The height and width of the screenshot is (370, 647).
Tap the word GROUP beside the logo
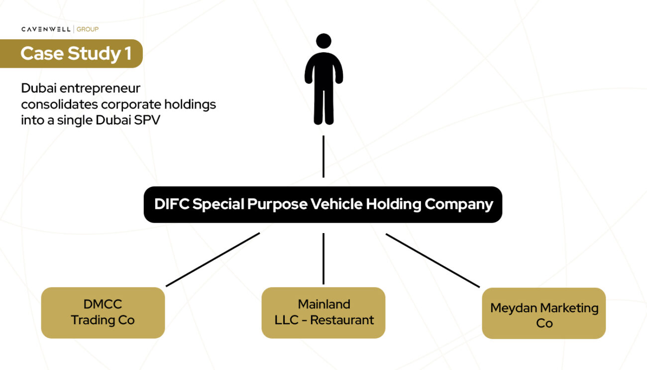pos(88,29)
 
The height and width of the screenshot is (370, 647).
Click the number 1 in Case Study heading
pos(128,54)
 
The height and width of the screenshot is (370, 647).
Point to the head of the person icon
pos(323,41)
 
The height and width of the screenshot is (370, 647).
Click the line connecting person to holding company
pos(323,156)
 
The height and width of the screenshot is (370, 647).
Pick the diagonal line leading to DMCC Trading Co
pos(213,259)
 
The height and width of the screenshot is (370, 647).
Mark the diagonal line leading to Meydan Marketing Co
pos(432,260)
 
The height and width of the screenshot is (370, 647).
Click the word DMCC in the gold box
pos(103,304)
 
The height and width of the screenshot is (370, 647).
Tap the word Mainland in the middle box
pos(324,304)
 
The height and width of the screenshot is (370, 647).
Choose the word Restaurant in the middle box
pos(342,320)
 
